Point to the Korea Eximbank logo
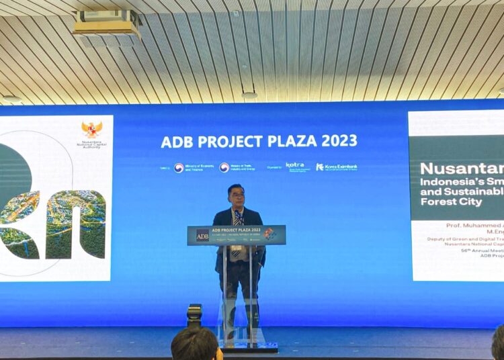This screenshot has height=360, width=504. pyautogui.click(x=337, y=167)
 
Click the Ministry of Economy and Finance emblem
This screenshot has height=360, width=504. pyautogui.click(x=179, y=167)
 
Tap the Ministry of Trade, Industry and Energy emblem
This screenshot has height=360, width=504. pyautogui.click(x=224, y=167)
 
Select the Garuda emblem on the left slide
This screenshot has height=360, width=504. pyautogui.click(x=92, y=129)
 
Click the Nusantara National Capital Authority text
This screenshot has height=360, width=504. pyautogui.click(x=92, y=144)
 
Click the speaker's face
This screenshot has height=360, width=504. pyautogui.click(x=236, y=197)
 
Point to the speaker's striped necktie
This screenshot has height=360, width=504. pyautogui.click(x=237, y=218)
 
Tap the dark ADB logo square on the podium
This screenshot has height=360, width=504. pyautogui.click(x=202, y=235)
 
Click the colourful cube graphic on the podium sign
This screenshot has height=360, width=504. pyautogui.click(x=269, y=234)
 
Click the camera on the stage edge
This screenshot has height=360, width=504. pyautogui.click(x=194, y=314)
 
